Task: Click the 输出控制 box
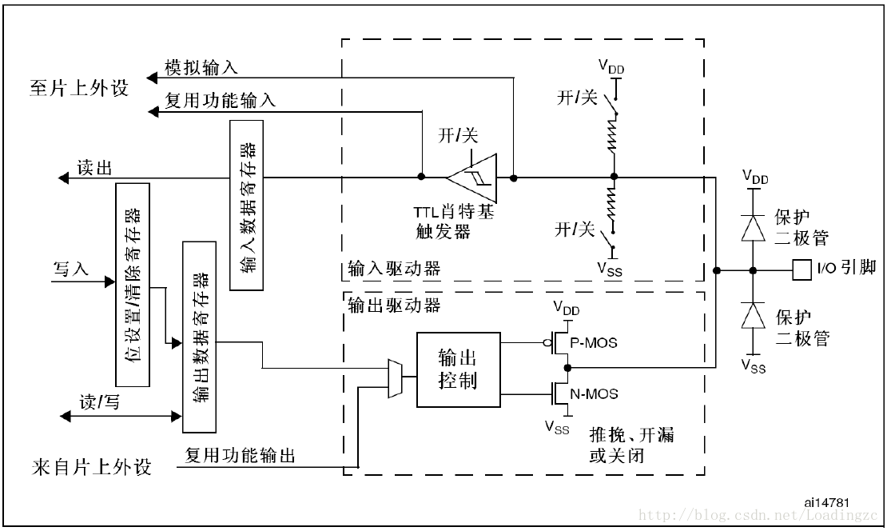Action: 458,368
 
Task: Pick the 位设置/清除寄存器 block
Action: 133,285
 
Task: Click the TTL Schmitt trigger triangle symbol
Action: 474,177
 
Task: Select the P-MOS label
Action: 596,343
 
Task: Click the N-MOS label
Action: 596,393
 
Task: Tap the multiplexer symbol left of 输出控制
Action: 394,377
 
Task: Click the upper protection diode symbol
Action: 752,229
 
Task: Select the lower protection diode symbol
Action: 752,317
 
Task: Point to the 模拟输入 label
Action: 201,67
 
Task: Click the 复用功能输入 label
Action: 220,101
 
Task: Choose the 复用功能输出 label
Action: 240,456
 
